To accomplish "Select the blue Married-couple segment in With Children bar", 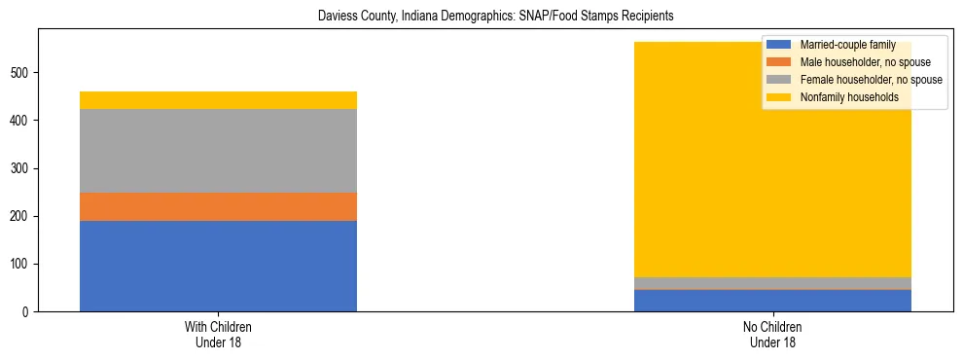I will pos(218,266).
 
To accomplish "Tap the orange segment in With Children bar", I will pos(218,206).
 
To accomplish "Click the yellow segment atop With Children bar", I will pos(218,100).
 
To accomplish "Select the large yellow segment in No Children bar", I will pos(773,175).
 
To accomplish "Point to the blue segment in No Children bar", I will pos(773,301).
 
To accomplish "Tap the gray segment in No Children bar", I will pos(773,283).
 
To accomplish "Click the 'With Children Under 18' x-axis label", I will pos(218,334).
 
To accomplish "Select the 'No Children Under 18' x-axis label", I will pos(773,334).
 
